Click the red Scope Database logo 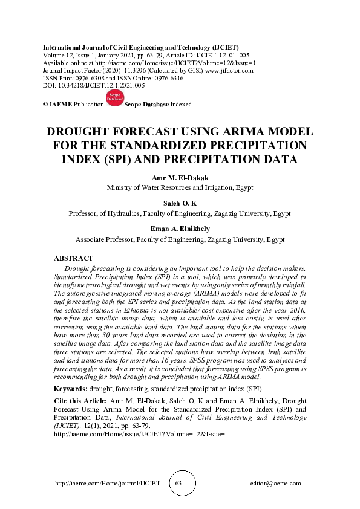[114, 100]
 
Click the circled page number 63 [178, 484]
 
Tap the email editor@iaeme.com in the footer [275, 484]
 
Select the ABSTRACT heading [73, 258]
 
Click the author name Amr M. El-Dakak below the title [180, 178]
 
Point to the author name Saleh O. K [180, 203]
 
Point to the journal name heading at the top [140, 47]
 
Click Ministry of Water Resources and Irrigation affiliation [180, 187]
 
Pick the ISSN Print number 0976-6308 [93, 78]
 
